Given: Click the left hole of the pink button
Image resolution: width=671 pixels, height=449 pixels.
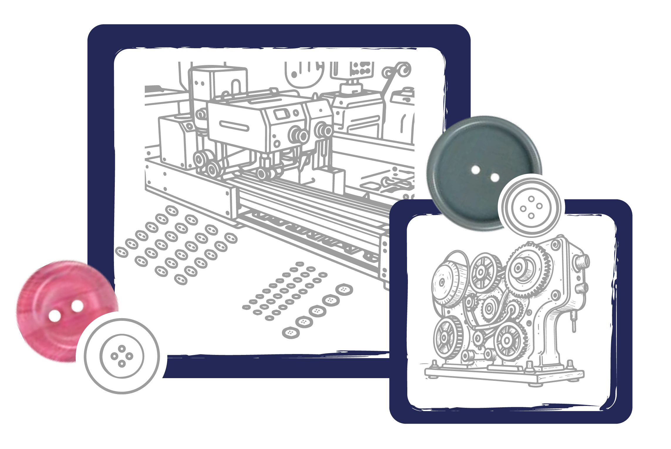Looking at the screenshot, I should click(x=55, y=316).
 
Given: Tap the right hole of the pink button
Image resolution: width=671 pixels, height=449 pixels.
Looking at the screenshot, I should click(x=77, y=306).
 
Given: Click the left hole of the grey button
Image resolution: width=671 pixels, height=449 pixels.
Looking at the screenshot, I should click(x=475, y=170).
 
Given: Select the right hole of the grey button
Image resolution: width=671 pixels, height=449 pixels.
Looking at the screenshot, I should click(x=495, y=177).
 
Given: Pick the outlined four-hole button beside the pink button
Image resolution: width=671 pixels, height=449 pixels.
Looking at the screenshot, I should click(x=122, y=356).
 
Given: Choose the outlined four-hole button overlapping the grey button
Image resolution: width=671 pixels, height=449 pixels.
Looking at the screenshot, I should click(x=531, y=208).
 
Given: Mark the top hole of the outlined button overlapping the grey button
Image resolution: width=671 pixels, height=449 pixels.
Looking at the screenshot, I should click(x=531, y=199).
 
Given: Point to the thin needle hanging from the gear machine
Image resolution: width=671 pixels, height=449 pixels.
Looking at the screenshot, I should click(x=574, y=322).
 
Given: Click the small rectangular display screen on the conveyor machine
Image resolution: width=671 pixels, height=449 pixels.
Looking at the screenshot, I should click(x=282, y=114).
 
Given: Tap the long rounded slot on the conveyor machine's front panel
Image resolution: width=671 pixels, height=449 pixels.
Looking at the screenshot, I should click(x=234, y=126).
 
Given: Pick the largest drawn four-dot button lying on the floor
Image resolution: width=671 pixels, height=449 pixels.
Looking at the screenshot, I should click(x=344, y=290).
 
